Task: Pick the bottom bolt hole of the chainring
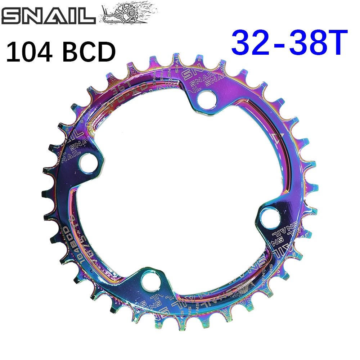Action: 150,279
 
